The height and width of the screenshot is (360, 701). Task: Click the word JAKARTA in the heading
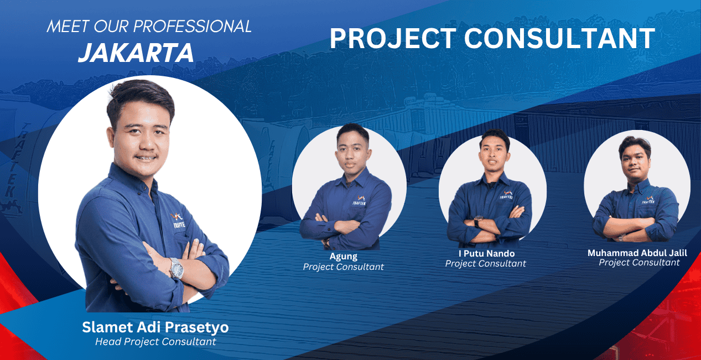pyautogui.click(x=136, y=53)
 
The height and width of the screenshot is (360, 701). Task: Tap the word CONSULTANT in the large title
pyautogui.click(x=559, y=38)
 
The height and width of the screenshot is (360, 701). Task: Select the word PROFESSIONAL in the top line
pyautogui.click(x=193, y=27)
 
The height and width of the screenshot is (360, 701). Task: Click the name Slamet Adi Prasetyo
pyautogui.click(x=155, y=327)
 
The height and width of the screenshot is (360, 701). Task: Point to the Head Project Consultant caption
pyautogui.click(x=155, y=342)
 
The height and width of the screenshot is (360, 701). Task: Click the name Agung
pyautogui.click(x=343, y=257)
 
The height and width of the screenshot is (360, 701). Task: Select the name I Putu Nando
pyautogui.click(x=487, y=253)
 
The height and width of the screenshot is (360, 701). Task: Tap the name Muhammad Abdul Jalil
pyautogui.click(x=637, y=253)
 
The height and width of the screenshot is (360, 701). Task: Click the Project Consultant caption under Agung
pyautogui.click(x=343, y=267)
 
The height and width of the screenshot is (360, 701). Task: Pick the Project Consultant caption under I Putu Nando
pyautogui.click(x=485, y=264)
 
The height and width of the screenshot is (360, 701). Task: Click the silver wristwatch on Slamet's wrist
pyautogui.click(x=176, y=269)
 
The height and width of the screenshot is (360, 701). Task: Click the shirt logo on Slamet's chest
pyautogui.click(x=178, y=220)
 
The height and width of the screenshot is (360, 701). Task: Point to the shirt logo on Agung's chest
pyautogui.click(x=360, y=200)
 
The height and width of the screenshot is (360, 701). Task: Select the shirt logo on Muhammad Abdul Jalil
pyautogui.click(x=648, y=200)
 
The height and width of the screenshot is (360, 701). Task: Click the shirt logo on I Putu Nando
pyautogui.click(x=507, y=195)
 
